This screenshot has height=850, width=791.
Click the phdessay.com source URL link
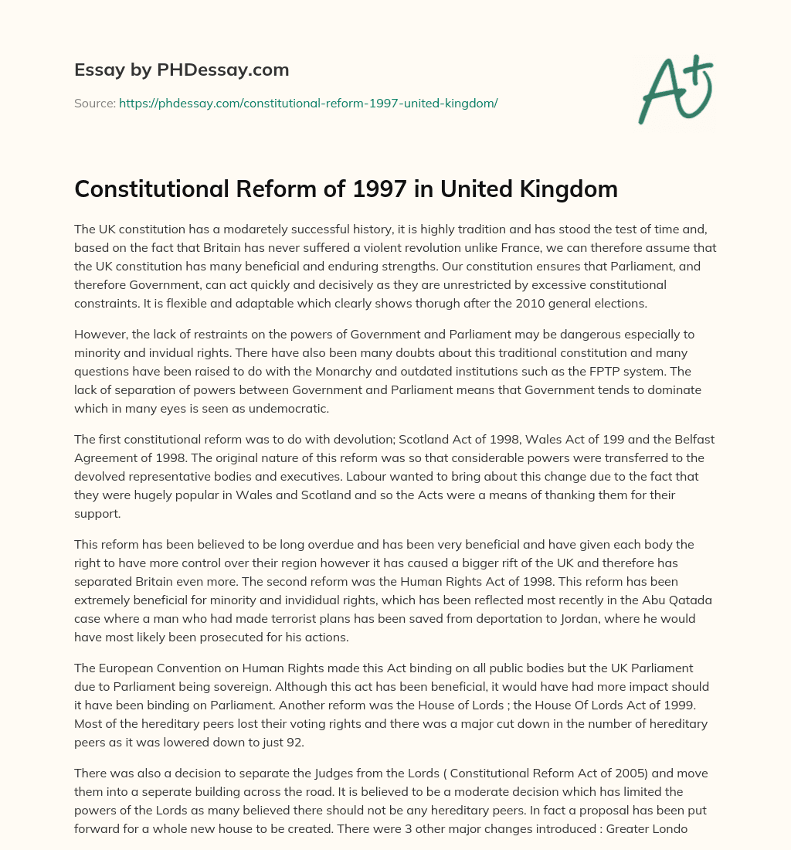[x=308, y=103]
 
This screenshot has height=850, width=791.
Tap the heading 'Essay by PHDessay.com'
[x=182, y=70]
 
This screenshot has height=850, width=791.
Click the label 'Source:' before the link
[x=95, y=103]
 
